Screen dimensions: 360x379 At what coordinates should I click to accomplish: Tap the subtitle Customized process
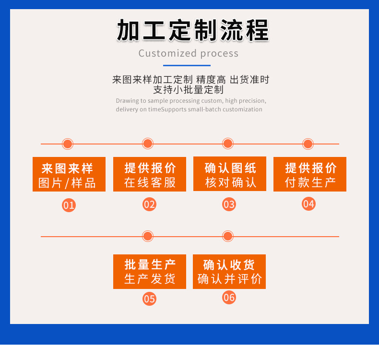pos(189,53)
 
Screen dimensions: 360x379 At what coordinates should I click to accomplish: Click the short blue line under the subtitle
pos(187,65)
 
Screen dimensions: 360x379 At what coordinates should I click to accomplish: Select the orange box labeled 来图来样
pos(69,174)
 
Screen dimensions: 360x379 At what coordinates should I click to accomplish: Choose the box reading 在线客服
pos(150,174)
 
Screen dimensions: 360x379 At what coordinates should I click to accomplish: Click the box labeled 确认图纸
pos(230,174)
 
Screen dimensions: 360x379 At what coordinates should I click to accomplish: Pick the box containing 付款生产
pos(310,174)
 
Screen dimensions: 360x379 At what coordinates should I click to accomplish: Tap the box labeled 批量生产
pos(150,272)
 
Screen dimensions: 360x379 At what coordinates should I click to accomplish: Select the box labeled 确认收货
pos(229,272)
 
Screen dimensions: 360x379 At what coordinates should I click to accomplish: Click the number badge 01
pos(69,205)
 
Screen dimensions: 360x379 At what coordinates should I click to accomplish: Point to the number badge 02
pos(149,204)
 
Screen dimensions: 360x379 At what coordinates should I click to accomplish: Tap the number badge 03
pos(229,204)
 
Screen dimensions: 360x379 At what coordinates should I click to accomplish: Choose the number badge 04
pos(308,204)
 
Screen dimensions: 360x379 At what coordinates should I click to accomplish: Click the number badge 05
pos(149,299)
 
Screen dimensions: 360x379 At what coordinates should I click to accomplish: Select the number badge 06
pos(229,298)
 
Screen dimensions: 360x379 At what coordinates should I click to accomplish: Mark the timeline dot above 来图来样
pos(68,144)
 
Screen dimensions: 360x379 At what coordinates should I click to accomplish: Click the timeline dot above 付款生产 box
pos(308,144)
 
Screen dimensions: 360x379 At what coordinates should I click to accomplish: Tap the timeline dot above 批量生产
pos(148,236)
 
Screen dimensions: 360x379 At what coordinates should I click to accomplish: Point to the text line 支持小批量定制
pos(189,90)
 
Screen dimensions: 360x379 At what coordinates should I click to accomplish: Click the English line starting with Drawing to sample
pos(191,101)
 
